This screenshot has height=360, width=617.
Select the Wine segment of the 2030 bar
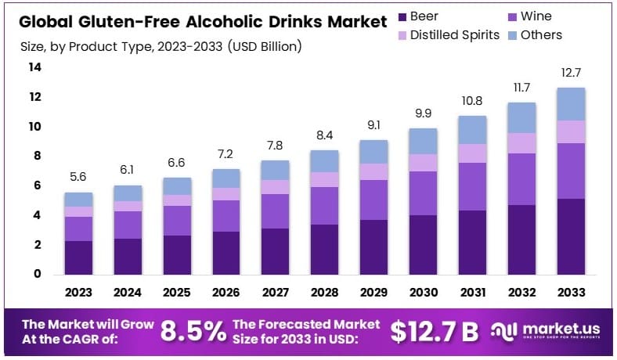pos(424,193)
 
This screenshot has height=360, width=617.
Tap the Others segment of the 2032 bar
pos(522,117)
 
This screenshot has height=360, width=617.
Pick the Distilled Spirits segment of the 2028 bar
pos(325,179)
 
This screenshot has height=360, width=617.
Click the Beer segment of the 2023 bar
pos(78,257)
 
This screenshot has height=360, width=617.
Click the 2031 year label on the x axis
pos(473,292)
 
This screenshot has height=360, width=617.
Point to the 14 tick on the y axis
pos(34,67)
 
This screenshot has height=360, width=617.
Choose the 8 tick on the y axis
pos(34,156)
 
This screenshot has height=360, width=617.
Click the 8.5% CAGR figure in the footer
pos(193,331)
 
